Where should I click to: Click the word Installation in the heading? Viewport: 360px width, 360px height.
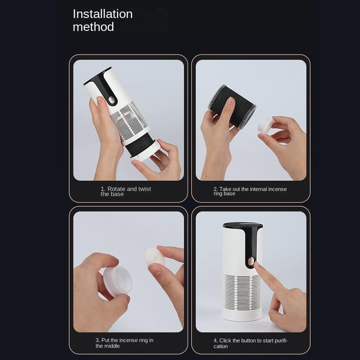click(102, 14)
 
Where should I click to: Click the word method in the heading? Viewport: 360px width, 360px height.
click(93, 27)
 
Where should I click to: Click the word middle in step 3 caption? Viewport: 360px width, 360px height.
click(112, 346)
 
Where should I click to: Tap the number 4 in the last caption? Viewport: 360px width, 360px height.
click(215, 341)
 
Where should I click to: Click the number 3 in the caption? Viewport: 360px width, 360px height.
click(97, 340)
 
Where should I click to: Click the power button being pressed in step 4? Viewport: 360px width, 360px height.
click(251, 261)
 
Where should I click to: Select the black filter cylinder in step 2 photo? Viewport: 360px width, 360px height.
click(232, 106)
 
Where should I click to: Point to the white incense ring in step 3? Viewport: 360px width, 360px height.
click(155, 257)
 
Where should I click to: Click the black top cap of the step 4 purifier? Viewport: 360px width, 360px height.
click(242, 225)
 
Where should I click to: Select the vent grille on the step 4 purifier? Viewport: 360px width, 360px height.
click(241, 292)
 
